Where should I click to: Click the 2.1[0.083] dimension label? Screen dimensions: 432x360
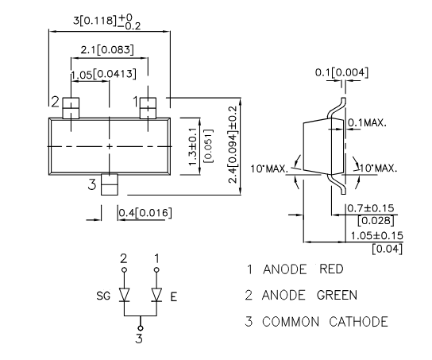point(107,50)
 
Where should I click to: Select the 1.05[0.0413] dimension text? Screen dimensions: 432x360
point(103,74)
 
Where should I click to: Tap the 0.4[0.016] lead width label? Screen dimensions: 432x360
point(145,213)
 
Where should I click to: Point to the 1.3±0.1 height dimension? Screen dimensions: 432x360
point(194,147)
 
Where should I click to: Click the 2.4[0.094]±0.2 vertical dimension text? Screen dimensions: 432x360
point(233,145)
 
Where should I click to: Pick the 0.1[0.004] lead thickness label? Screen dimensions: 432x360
point(341,72)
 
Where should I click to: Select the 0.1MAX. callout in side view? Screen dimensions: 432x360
point(367,122)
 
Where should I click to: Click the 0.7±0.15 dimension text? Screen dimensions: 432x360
point(371,208)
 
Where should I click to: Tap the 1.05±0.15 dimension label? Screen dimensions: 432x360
point(377,236)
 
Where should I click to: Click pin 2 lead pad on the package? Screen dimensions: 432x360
point(71,108)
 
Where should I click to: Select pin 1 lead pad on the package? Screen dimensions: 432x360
point(148,108)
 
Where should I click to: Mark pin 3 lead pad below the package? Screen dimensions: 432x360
point(110,184)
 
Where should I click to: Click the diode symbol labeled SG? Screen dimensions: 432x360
point(124,295)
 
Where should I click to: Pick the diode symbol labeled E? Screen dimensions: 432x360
point(156,295)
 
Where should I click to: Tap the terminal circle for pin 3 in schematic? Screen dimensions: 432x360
point(141,328)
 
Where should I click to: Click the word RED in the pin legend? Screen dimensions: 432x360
point(331,269)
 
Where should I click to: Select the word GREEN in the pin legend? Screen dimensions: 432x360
point(337,295)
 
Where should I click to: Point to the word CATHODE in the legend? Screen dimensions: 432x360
point(358,321)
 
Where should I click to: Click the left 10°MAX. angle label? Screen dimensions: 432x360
point(269,168)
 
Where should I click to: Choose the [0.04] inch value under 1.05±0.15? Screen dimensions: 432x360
point(387,249)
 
